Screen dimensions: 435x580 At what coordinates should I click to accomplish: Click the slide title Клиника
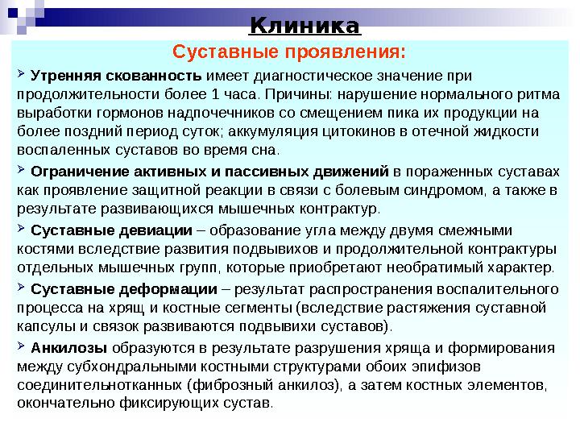coord(304,26)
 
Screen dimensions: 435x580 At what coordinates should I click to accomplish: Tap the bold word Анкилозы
coord(68,348)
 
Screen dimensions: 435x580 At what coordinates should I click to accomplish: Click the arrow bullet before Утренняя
coord(22,76)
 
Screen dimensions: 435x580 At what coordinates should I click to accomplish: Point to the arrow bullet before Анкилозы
coord(22,346)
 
